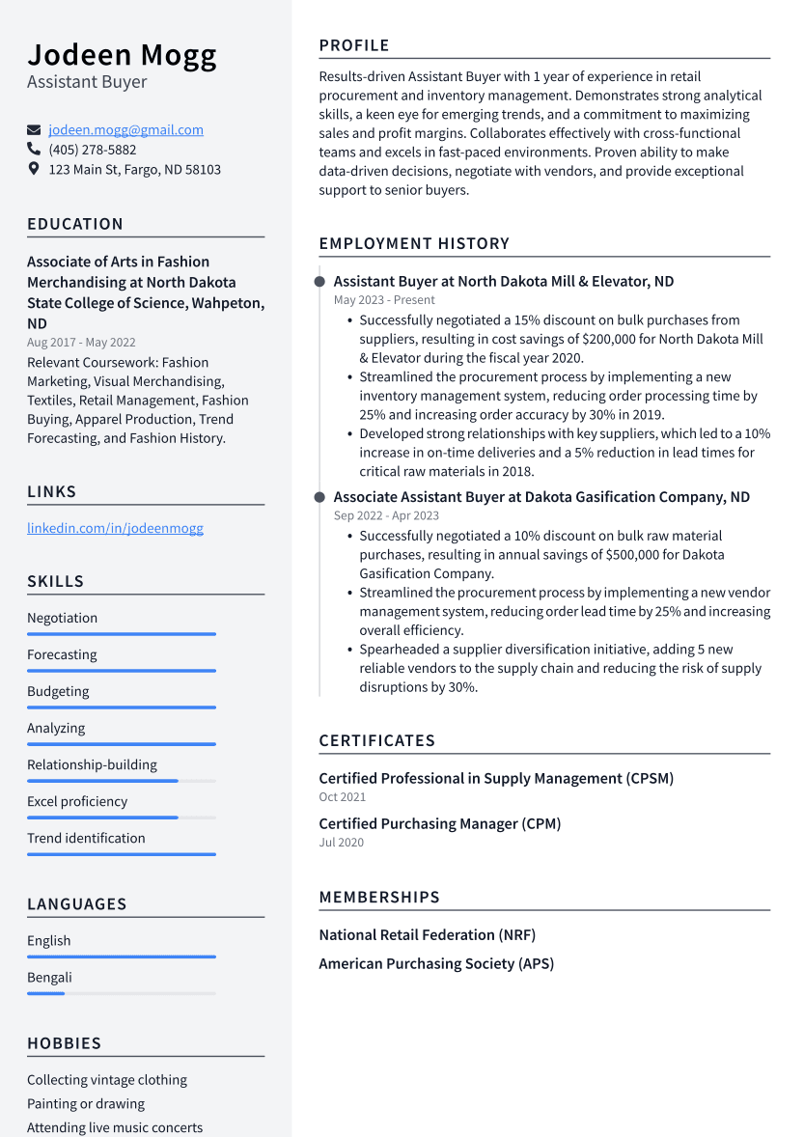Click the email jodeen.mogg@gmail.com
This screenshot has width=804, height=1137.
click(125, 129)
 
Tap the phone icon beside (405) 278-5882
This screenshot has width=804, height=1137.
click(34, 150)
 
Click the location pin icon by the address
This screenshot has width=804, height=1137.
click(34, 169)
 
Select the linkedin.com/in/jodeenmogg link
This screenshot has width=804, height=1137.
click(115, 528)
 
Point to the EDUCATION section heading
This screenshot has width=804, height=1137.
click(75, 224)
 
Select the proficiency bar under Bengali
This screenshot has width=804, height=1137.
click(121, 993)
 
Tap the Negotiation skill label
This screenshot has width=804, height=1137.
click(62, 618)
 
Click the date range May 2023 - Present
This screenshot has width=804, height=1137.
click(384, 300)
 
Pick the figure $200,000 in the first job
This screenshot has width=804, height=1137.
click(611, 339)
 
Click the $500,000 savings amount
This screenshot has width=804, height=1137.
click(638, 554)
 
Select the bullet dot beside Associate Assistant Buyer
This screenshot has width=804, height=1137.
click(319, 497)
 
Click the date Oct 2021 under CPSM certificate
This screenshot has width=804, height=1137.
click(342, 797)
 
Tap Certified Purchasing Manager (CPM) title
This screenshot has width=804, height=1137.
click(439, 823)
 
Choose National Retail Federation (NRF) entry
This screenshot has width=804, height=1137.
click(427, 934)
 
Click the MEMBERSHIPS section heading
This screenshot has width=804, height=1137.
click(379, 897)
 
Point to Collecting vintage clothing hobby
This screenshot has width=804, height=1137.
click(107, 1080)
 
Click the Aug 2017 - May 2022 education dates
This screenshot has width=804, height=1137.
click(81, 342)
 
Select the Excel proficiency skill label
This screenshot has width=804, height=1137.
click(77, 801)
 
